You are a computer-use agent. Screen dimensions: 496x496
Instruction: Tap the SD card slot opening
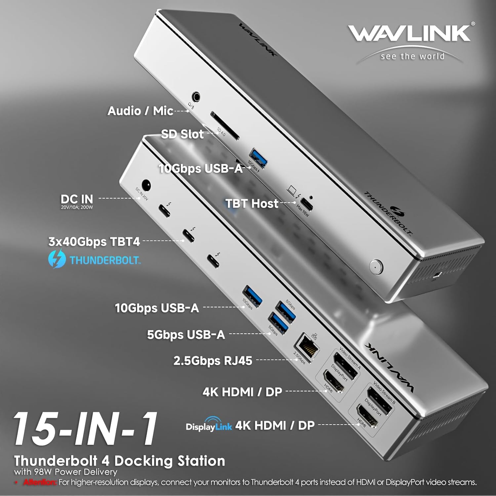click(x=225, y=126)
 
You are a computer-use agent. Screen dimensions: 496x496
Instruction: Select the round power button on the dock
click(x=376, y=266)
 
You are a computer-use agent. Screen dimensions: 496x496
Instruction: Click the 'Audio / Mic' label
click(x=140, y=111)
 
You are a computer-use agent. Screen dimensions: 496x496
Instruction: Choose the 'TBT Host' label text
click(x=252, y=203)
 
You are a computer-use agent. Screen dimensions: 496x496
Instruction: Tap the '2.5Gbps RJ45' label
click(x=213, y=360)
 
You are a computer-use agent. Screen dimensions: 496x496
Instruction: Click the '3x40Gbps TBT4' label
click(x=94, y=242)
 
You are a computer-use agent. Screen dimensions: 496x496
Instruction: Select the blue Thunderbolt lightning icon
click(x=57, y=260)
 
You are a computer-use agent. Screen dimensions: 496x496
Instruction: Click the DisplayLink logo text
click(x=209, y=426)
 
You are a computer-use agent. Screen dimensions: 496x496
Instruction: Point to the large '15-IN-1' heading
click(x=85, y=429)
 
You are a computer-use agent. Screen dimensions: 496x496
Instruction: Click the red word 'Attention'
click(x=40, y=482)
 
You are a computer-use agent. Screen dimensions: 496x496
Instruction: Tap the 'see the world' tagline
click(x=412, y=56)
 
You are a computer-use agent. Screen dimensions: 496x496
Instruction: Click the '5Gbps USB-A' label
click(x=186, y=335)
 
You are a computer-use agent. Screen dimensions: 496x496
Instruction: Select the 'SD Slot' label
click(x=182, y=134)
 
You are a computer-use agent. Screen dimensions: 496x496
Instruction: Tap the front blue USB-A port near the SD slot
click(x=258, y=158)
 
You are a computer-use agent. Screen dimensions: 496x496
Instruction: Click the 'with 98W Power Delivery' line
click(x=65, y=472)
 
